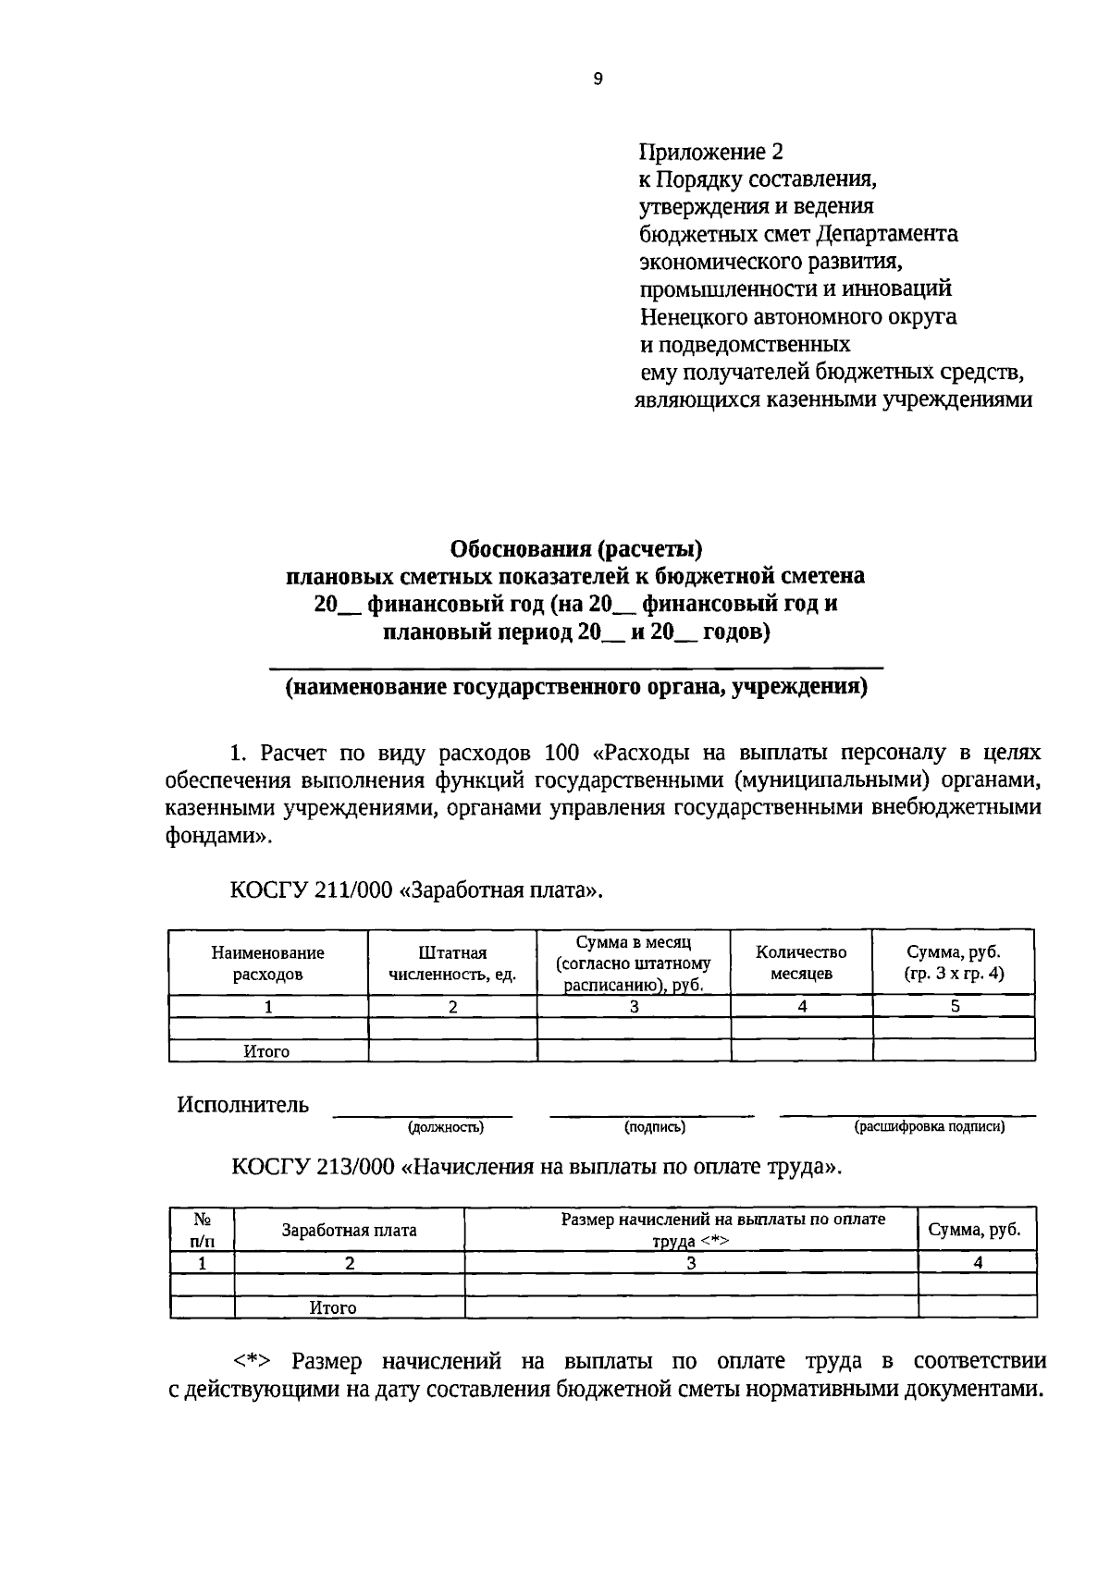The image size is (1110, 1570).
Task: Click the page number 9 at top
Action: coord(598,80)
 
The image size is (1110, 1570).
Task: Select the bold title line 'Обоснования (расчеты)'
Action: coord(576,549)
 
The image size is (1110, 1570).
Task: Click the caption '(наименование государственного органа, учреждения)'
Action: coord(576,689)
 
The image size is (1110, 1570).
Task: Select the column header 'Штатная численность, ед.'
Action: coord(452,963)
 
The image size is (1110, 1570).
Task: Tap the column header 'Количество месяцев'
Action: coord(801,963)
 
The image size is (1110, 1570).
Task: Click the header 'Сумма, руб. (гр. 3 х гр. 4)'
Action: coord(954,963)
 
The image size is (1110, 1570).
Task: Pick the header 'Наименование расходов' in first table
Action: coord(267,963)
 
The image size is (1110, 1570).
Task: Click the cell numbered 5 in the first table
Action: coord(954,1007)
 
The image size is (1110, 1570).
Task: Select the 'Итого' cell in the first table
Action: coord(266,1051)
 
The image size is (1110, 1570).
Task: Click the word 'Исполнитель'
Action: coord(243,1105)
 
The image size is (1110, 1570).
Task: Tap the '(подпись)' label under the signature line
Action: coord(654,1127)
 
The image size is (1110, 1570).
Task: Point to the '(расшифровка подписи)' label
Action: coord(929,1127)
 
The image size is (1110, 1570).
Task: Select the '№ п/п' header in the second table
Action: coord(203,1230)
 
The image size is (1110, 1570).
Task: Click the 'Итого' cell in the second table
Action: coord(333,1308)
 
